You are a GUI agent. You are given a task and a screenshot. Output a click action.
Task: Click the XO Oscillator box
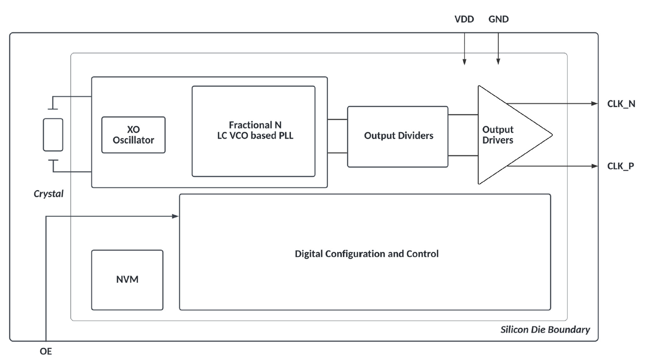click(x=133, y=134)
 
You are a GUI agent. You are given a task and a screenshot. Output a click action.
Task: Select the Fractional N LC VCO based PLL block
click(x=253, y=131)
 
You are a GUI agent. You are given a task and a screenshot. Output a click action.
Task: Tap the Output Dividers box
click(x=398, y=136)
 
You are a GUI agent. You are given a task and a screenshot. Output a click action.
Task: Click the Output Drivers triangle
click(x=505, y=135)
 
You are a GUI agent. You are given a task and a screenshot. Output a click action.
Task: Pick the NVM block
click(x=127, y=280)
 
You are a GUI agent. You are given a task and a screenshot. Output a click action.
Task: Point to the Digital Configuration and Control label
click(x=366, y=254)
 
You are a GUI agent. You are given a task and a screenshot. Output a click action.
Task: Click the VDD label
click(x=464, y=19)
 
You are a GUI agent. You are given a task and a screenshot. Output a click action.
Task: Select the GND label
click(x=498, y=19)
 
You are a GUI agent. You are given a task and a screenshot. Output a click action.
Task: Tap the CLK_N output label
click(x=621, y=104)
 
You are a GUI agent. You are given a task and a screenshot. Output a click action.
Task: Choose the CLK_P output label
click(x=621, y=166)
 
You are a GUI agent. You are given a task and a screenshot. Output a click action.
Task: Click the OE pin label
click(x=45, y=352)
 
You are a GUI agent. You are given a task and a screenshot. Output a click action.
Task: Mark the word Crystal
click(x=48, y=194)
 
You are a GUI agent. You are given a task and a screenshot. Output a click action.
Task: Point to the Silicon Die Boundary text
click(x=545, y=330)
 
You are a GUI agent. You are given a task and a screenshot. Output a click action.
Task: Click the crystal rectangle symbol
click(x=53, y=134)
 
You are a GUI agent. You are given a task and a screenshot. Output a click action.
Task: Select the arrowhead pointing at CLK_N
click(x=595, y=104)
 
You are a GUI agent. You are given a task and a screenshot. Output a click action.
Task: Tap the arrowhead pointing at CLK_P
click(x=595, y=166)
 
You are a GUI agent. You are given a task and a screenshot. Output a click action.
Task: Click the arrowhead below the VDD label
click(x=464, y=62)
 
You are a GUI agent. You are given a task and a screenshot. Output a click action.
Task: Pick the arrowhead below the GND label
click(x=498, y=62)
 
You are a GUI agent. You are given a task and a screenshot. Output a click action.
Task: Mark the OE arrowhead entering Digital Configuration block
click(x=175, y=216)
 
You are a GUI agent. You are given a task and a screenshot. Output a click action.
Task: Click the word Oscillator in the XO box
click(x=133, y=140)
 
